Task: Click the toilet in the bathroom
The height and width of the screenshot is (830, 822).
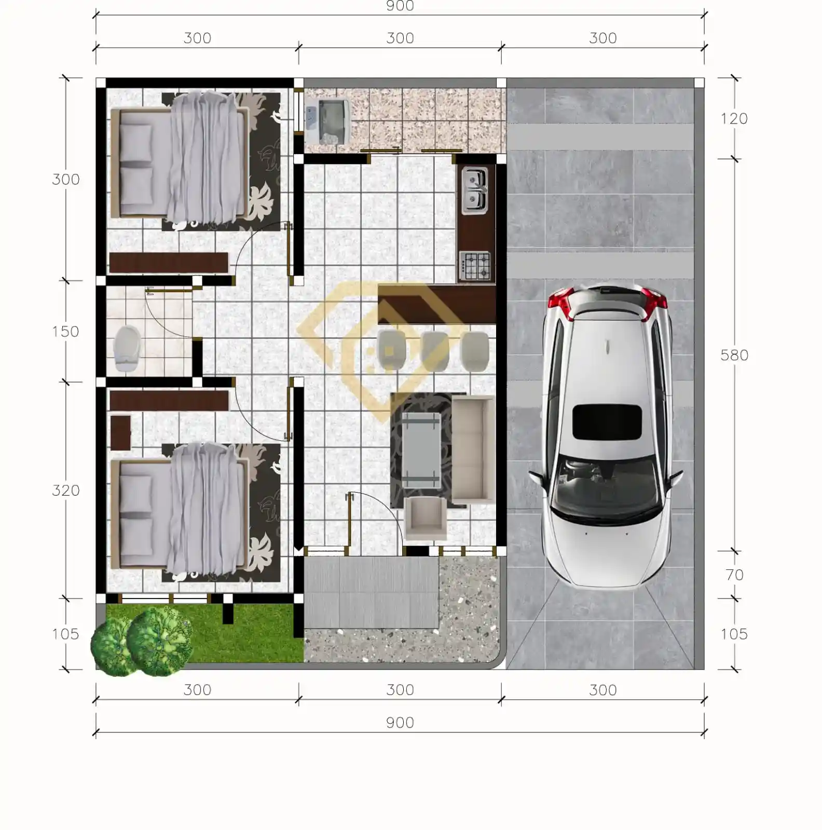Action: (127, 348)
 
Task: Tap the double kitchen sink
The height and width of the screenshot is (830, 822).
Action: (474, 191)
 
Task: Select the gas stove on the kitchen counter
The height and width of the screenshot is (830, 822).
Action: (474, 266)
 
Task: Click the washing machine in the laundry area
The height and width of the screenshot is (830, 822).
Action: (327, 120)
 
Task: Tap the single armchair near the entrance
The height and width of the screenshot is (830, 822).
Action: (425, 518)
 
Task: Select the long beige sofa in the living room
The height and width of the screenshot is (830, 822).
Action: (473, 448)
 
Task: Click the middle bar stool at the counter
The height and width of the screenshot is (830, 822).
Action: (435, 351)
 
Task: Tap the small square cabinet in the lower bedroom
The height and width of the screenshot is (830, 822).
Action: (120, 432)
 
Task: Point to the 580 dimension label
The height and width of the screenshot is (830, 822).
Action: (734, 355)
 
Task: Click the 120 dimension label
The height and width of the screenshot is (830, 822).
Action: (734, 118)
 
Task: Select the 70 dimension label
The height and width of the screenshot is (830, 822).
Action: (734, 575)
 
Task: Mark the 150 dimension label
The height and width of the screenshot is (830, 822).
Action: (65, 331)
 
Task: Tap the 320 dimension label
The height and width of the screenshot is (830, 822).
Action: (66, 490)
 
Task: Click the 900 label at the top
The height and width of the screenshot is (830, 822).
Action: (400, 6)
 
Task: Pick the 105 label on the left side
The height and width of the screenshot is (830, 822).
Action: (65, 634)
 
